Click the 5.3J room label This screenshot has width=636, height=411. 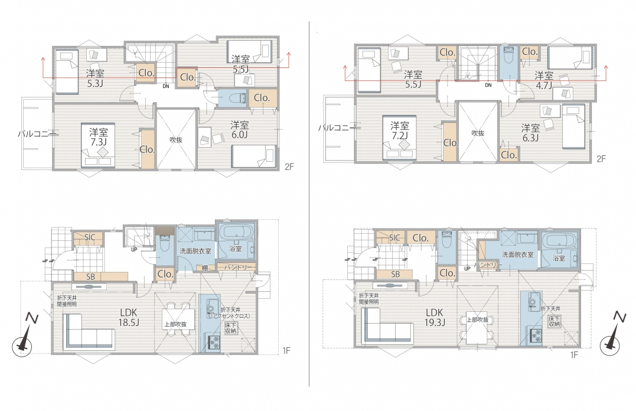coord(95,79)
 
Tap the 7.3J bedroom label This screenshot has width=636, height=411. coord(99,137)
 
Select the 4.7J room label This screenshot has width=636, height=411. coord(543,80)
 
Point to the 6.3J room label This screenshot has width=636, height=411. coord(530,133)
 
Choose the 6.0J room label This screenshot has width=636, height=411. coord(239,129)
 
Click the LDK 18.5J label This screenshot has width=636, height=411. coord(129,318)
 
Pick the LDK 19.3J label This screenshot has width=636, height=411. coord(435,318)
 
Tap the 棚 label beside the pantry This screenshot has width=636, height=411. coord(205,268)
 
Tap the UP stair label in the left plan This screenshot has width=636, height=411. coord(134,250)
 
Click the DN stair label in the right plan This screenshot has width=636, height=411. coord(488,85)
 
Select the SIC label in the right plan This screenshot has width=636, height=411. coord(394,238)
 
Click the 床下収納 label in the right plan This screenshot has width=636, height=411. coord(554,322)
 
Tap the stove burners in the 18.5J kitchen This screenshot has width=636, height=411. coord(214,342)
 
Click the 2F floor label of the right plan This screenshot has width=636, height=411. coord(601,159)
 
